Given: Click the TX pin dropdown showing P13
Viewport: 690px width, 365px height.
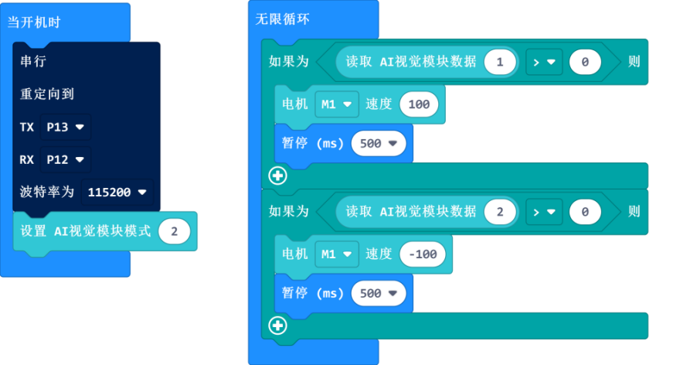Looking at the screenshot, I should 65,127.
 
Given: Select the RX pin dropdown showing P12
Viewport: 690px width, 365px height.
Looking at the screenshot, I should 65,160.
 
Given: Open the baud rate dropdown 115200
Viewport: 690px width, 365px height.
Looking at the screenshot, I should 118,192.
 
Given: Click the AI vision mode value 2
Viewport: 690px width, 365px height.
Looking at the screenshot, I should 175,231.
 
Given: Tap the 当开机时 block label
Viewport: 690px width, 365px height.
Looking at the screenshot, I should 34,22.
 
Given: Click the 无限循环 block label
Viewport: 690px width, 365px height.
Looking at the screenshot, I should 282,19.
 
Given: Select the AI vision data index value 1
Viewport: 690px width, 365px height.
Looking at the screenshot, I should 500,62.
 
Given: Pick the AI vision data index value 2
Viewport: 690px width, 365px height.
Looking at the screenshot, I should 500,210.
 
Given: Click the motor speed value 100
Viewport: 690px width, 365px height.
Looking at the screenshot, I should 419,104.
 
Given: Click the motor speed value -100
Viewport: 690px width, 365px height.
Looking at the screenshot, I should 422,253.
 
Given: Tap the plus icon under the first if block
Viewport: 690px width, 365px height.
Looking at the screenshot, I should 277,176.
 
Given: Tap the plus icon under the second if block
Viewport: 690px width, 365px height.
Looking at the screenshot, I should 277,325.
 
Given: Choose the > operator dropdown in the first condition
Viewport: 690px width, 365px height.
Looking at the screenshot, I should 545,62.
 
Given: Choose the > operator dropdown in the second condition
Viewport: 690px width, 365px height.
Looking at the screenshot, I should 545,210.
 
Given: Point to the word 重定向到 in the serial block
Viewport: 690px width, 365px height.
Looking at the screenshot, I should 46,94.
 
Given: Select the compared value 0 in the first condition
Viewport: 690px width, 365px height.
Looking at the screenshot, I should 585,62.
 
